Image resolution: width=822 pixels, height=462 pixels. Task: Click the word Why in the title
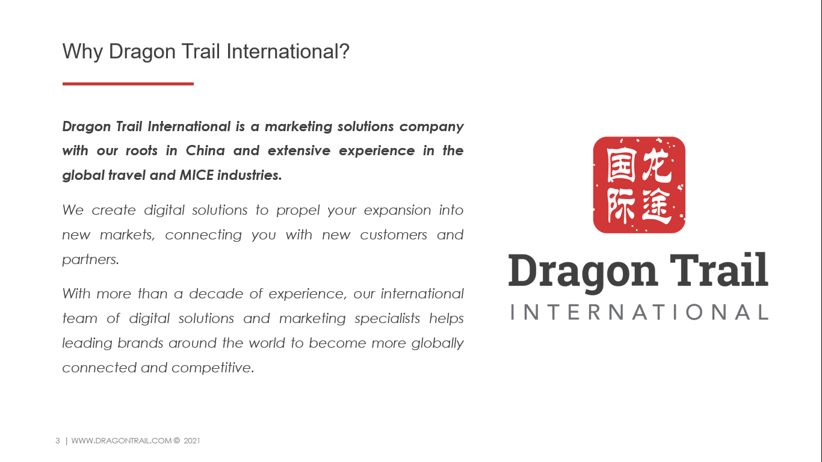tap(82, 52)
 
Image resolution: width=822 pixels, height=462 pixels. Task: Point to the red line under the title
tap(128, 84)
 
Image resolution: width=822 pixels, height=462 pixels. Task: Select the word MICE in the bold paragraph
tap(196, 175)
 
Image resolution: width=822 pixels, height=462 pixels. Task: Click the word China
tap(205, 150)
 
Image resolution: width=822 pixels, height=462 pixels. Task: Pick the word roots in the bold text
tap(141, 151)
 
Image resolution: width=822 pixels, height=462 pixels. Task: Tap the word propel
tap(298, 211)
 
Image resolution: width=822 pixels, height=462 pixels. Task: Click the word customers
tap(394, 235)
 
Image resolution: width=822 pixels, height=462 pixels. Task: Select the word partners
tap(90, 260)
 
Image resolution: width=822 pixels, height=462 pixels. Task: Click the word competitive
tap(212, 368)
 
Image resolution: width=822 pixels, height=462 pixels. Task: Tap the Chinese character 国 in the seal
tap(621, 165)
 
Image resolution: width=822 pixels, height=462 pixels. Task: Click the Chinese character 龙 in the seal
tap(657, 166)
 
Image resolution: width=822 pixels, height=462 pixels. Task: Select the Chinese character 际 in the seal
tap(621, 206)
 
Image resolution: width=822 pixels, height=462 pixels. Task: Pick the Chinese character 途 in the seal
tap(657, 206)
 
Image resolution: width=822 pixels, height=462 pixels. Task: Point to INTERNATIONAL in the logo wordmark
tap(639, 312)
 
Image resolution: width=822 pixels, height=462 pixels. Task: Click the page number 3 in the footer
tap(58, 441)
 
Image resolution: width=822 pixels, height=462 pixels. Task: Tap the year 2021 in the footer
tap(192, 441)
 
